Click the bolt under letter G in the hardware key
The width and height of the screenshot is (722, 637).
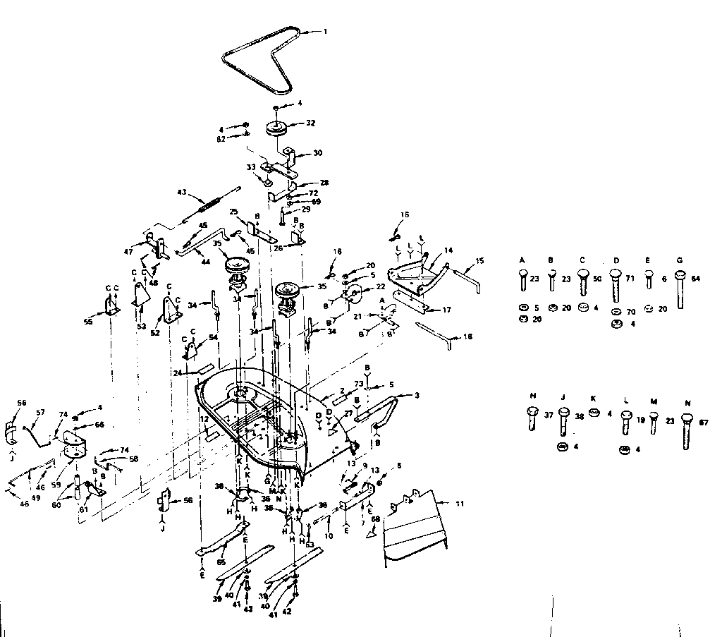680,289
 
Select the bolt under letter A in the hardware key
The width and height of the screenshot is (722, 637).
522,281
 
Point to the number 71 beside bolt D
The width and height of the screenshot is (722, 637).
629,279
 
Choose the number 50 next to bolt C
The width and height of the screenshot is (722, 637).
596,279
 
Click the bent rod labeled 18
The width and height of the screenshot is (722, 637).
437,332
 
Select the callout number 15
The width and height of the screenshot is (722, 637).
480,262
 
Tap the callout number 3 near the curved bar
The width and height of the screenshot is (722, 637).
417,396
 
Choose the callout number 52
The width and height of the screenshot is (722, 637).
155,333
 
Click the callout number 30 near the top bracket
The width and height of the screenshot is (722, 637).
317,152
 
